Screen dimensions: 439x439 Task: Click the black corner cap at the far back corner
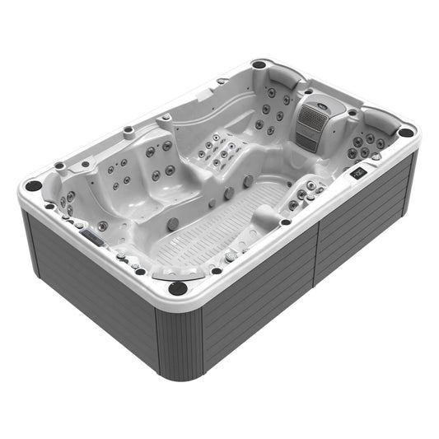pyautogui.click(x=259, y=64)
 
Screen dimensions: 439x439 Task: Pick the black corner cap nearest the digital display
pyautogui.click(x=406, y=132)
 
